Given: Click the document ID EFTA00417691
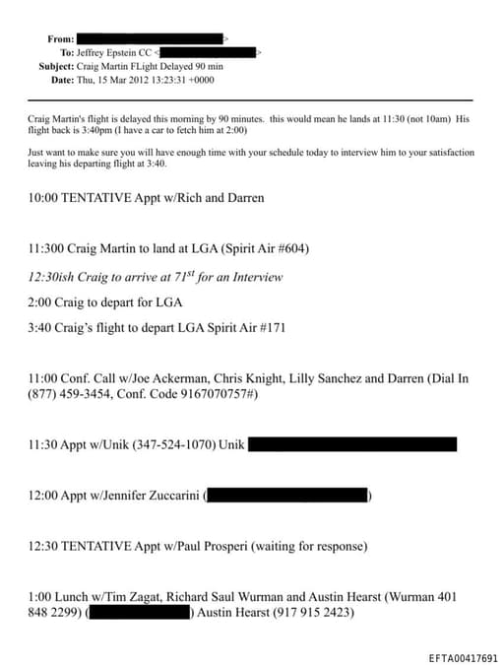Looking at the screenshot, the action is coord(463,657).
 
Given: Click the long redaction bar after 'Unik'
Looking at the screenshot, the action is coord(351,444).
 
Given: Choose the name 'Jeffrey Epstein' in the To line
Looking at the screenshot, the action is coord(110,52).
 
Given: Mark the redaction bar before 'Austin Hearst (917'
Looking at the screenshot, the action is coord(141,613).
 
